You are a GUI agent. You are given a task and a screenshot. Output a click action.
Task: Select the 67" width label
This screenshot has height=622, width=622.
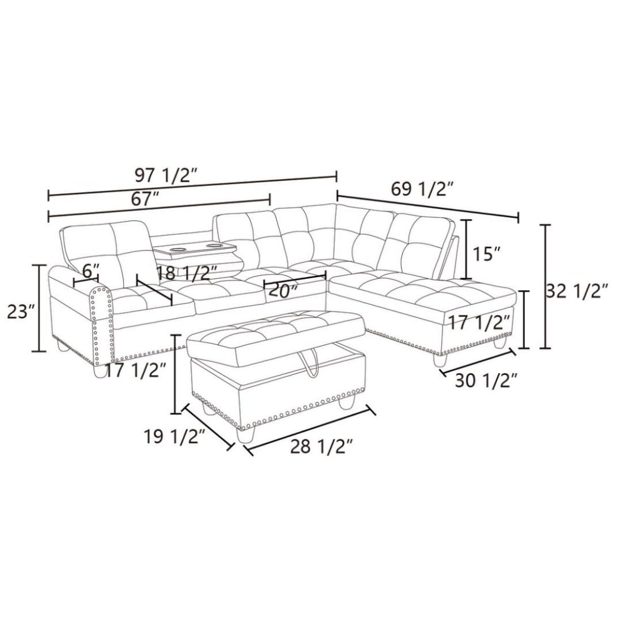pyautogui.click(x=145, y=199)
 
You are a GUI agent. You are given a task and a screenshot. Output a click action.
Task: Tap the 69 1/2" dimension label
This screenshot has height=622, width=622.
pyautogui.click(x=422, y=189)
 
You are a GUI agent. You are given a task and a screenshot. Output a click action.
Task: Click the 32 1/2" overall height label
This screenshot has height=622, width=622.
pyautogui.click(x=577, y=292)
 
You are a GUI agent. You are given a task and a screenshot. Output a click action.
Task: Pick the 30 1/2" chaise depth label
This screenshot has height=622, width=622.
pyautogui.click(x=486, y=381)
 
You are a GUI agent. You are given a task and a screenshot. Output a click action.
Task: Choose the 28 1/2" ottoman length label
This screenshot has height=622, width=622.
pyautogui.click(x=322, y=447)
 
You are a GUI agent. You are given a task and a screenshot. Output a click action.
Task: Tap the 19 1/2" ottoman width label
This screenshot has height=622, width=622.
pyautogui.click(x=174, y=437)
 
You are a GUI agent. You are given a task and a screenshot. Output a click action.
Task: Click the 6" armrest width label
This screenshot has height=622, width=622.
pyautogui.click(x=90, y=271)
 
